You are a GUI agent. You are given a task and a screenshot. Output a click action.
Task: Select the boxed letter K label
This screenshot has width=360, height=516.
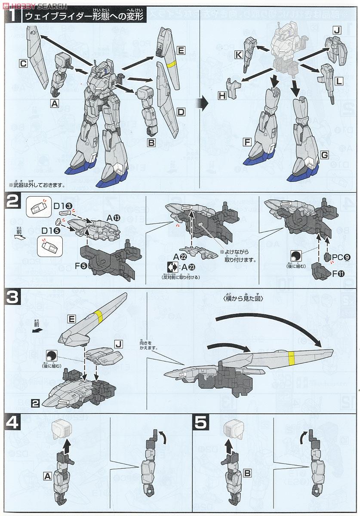(237, 55)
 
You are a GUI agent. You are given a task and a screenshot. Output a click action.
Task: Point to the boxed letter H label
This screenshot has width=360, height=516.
(222, 95)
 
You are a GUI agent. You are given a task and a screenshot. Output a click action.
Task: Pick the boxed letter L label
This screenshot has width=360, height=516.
(339, 81)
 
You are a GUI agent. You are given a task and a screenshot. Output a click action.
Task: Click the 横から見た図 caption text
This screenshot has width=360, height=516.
(243, 298)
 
